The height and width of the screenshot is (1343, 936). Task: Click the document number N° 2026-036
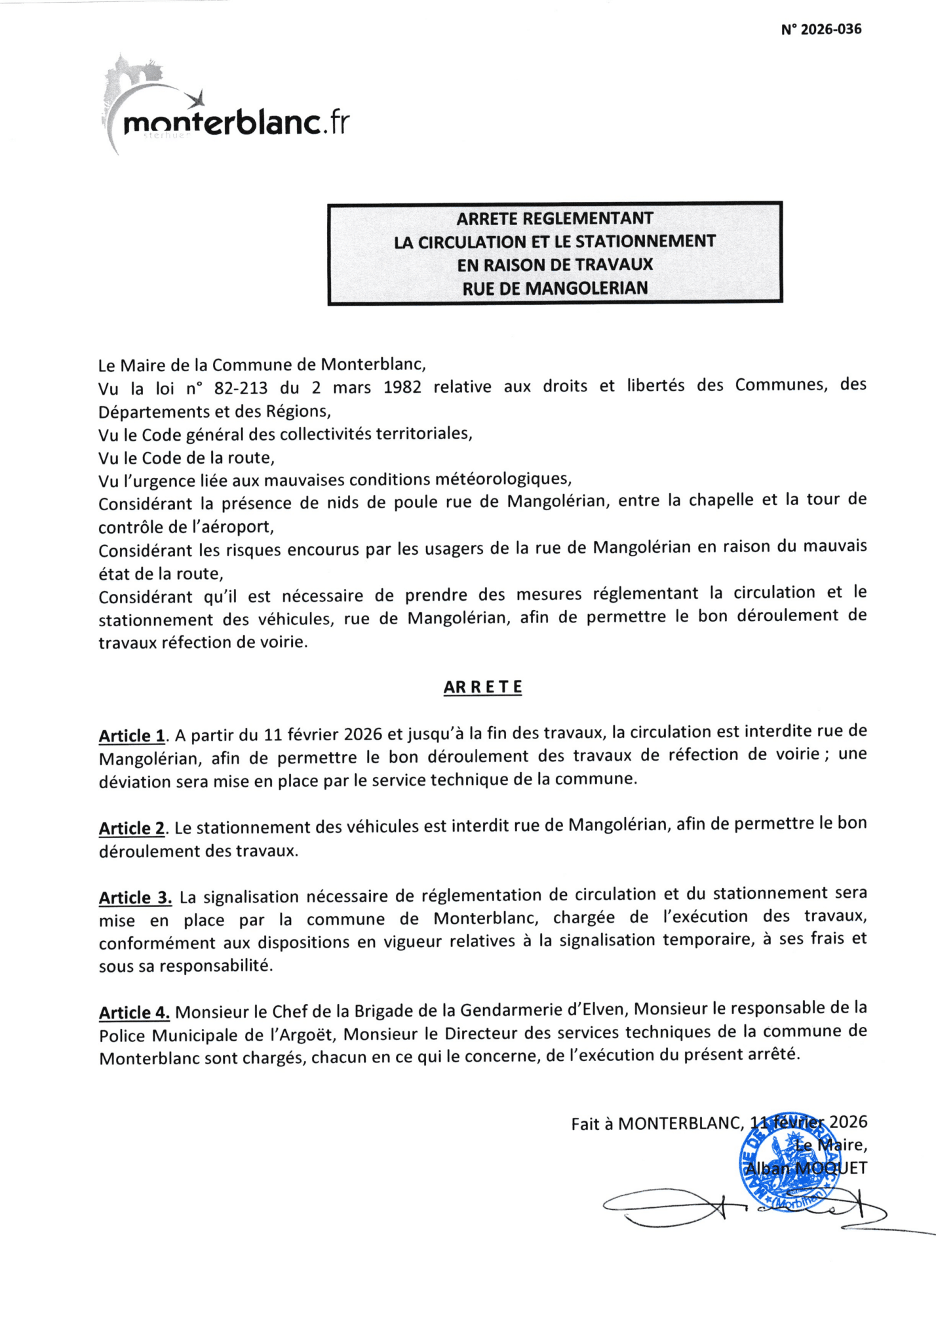point(821,30)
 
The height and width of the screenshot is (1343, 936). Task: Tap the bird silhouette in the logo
point(197,99)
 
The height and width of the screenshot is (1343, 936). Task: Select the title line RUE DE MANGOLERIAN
point(555,289)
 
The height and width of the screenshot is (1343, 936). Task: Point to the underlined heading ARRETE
point(482,687)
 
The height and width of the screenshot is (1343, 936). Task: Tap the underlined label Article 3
point(135,898)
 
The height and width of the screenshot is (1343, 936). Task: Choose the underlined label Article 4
point(134,1013)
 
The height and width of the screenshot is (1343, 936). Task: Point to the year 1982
point(402,387)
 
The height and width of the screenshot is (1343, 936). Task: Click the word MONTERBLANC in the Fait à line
point(679,1123)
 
